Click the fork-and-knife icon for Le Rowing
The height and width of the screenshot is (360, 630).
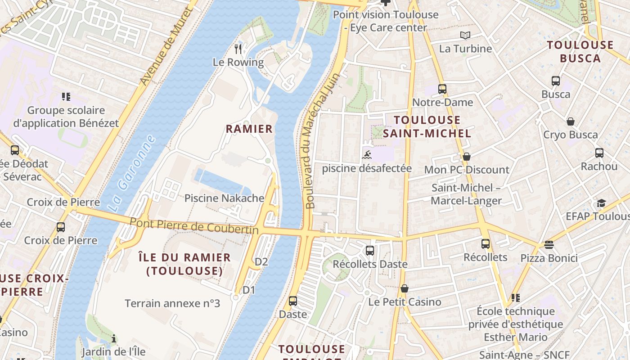click(238, 49)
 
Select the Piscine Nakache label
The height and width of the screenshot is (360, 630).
click(225, 198)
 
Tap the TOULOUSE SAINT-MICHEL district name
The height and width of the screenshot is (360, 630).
click(427, 126)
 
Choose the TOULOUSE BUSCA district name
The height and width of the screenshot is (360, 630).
click(580, 51)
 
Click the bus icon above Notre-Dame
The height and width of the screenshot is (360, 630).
click(442, 89)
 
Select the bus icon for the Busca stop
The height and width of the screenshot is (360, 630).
click(556, 81)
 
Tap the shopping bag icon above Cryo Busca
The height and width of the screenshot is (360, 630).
click(571, 121)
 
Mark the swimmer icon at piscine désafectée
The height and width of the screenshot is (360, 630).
click(367, 155)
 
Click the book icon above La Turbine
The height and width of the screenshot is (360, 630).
click(465, 35)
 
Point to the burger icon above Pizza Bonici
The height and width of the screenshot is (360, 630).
click(549, 245)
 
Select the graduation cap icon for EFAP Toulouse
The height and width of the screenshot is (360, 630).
click(601, 203)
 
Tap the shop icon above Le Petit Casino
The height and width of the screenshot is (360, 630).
click(405, 288)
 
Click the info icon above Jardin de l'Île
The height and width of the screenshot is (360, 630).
click(114, 338)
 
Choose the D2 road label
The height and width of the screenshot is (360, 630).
click(261, 261)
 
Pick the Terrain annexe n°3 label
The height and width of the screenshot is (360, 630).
click(172, 303)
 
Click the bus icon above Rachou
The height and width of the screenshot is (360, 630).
click(599, 153)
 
